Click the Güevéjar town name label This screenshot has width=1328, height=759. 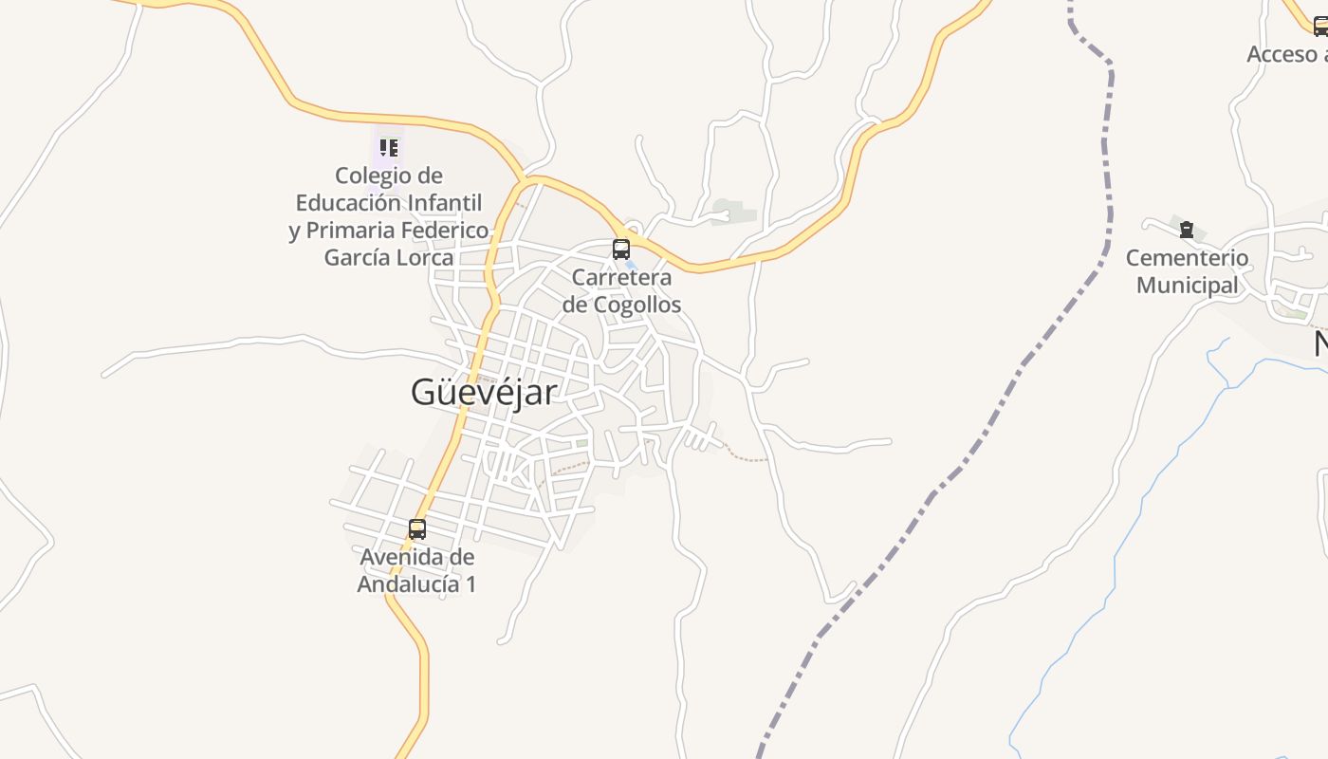point(484,392)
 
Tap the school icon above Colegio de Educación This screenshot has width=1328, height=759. point(388,148)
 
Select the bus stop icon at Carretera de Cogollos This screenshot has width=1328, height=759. point(621,250)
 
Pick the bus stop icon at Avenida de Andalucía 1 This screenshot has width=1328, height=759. point(417,529)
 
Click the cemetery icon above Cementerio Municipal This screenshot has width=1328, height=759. point(1186,230)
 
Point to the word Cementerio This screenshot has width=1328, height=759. point(1187,258)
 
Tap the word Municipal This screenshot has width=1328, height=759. point(1187,285)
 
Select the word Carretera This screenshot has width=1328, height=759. point(621,278)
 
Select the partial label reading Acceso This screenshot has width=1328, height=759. point(1282,55)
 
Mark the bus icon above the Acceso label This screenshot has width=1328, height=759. point(1319,28)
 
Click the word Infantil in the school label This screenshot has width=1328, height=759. point(445,203)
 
